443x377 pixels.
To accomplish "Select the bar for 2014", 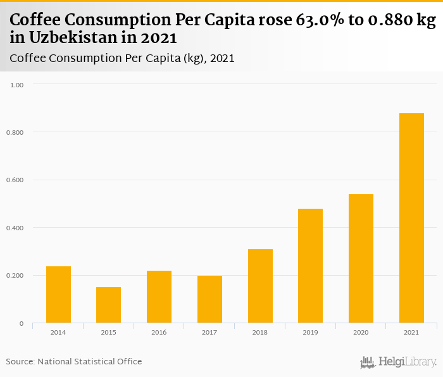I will pyautogui.click(x=58, y=295).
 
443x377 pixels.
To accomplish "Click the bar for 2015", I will pyautogui.click(x=108, y=305).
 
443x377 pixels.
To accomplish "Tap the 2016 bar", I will pyautogui.click(x=159, y=297).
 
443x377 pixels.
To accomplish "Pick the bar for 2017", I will pyautogui.click(x=209, y=299).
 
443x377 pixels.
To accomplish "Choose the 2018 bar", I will pyautogui.click(x=260, y=286).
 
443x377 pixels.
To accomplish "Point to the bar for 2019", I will pyautogui.click(x=310, y=266).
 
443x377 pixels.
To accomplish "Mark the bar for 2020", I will pyautogui.click(x=361, y=259).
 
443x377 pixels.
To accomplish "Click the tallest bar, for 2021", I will pyautogui.click(x=411, y=218).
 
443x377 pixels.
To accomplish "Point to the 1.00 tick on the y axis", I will pyautogui.click(x=17, y=84).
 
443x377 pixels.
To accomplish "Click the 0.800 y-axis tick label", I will pyautogui.click(x=15, y=132).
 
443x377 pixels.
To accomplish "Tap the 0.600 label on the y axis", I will pyautogui.click(x=15, y=180).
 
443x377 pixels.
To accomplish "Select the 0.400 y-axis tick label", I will pyautogui.click(x=15, y=228).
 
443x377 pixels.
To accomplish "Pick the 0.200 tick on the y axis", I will pyautogui.click(x=15, y=276).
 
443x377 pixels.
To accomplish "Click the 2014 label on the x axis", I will pyautogui.click(x=58, y=331).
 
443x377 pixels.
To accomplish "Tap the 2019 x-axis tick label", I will pyautogui.click(x=310, y=331).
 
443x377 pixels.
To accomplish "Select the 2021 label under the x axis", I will pyautogui.click(x=411, y=331).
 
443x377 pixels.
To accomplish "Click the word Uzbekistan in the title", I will pyautogui.click(x=76, y=38).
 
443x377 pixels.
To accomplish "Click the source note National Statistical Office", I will pyautogui.click(x=89, y=362).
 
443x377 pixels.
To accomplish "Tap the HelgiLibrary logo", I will pyautogui.click(x=399, y=362).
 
